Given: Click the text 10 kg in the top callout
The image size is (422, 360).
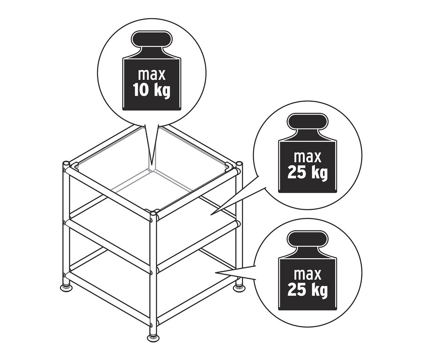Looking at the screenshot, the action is coord(152,91).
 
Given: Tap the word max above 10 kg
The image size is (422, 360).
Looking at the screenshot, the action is coord(151,74).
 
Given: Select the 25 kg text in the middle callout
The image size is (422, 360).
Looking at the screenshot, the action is coord(308,173).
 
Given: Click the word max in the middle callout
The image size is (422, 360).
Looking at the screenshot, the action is coord(308,157).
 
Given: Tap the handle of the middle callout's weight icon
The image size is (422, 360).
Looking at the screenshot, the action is coord(308,121).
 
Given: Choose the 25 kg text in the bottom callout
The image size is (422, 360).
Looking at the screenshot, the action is coord(308,291).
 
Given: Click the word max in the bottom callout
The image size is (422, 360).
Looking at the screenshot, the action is coord(308,274).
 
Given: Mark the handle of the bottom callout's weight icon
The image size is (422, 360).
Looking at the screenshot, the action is coord(308,238).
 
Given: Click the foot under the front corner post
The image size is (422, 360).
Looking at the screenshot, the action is coord(153,337).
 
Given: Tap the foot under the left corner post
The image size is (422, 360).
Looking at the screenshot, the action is coord(66,288).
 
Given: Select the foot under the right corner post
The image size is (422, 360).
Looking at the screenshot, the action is coord(239,288).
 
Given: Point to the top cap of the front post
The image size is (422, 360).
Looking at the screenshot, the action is coord(153,214).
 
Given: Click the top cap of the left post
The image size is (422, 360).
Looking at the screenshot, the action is coord(66,163).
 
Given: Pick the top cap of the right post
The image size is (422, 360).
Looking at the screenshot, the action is coord(239,163).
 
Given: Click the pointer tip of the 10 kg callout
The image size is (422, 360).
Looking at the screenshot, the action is coord(152,163).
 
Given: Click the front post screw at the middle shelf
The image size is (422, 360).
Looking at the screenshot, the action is coord(151,273).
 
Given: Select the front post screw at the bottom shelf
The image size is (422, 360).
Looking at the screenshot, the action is coord(151,325).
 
